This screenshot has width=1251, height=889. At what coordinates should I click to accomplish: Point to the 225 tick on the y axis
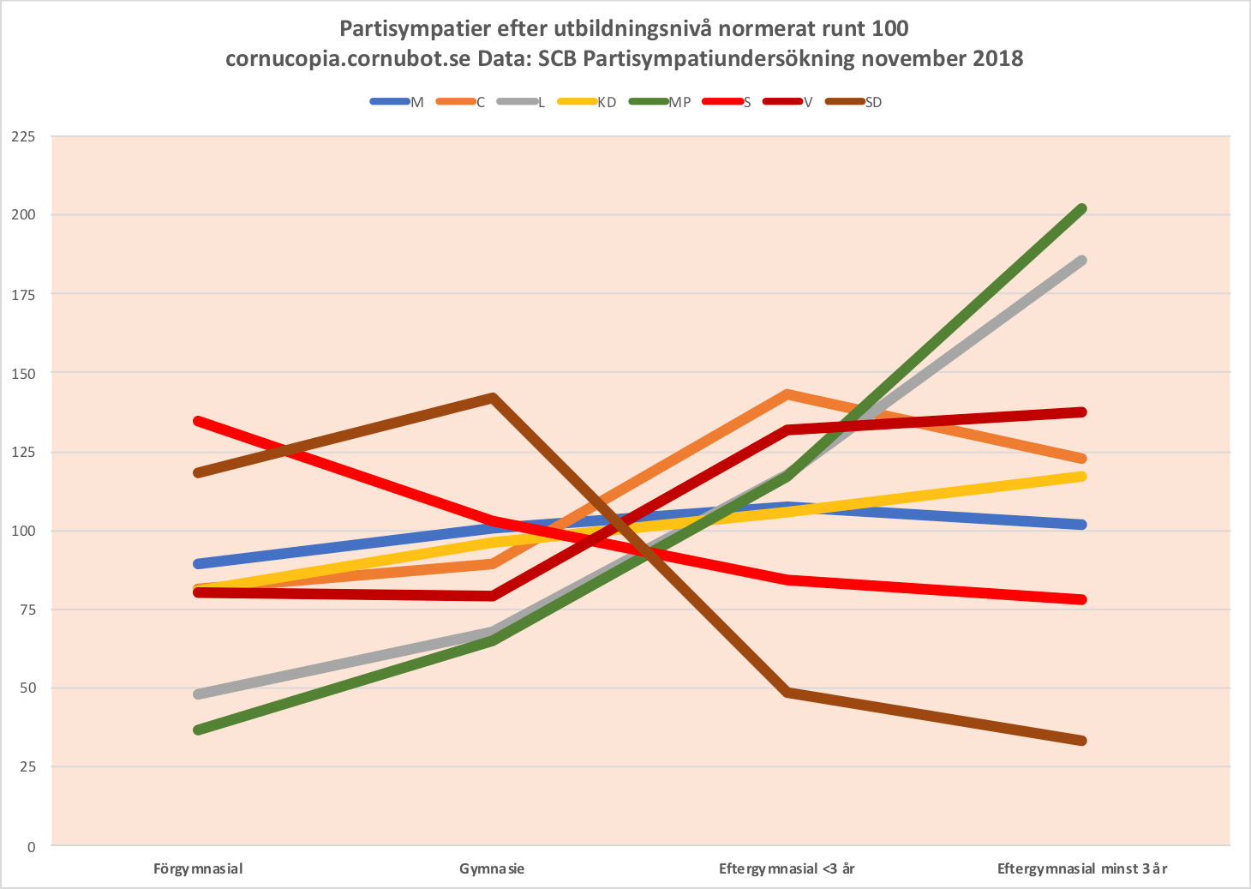[24, 135]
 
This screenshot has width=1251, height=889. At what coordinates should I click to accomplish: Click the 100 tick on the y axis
[24, 531]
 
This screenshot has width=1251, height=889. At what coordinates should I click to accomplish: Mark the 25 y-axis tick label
[27, 766]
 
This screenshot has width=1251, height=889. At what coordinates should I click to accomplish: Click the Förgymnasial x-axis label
[198, 868]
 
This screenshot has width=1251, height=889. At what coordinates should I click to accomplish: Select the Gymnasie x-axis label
[492, 868]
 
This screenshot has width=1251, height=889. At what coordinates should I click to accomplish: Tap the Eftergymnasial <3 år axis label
[787, 868]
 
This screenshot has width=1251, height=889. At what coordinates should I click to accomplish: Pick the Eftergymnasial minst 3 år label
[1082, 868]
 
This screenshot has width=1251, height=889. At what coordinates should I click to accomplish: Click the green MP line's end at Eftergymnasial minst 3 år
[1082, 209]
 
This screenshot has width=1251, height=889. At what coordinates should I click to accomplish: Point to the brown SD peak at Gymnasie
[493, 398]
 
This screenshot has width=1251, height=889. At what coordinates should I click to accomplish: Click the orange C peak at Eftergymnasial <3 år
[787, 394]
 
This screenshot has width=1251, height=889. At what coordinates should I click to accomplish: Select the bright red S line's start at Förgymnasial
[198, 421]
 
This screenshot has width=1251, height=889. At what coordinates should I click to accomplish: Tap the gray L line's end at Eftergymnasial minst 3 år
[1082, 261]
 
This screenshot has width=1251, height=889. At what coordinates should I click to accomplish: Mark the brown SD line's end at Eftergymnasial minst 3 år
[1082, 741]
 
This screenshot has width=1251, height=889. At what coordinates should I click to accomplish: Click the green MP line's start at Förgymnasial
[198, 730]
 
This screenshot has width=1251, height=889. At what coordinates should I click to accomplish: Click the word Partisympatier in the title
[415, 28]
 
